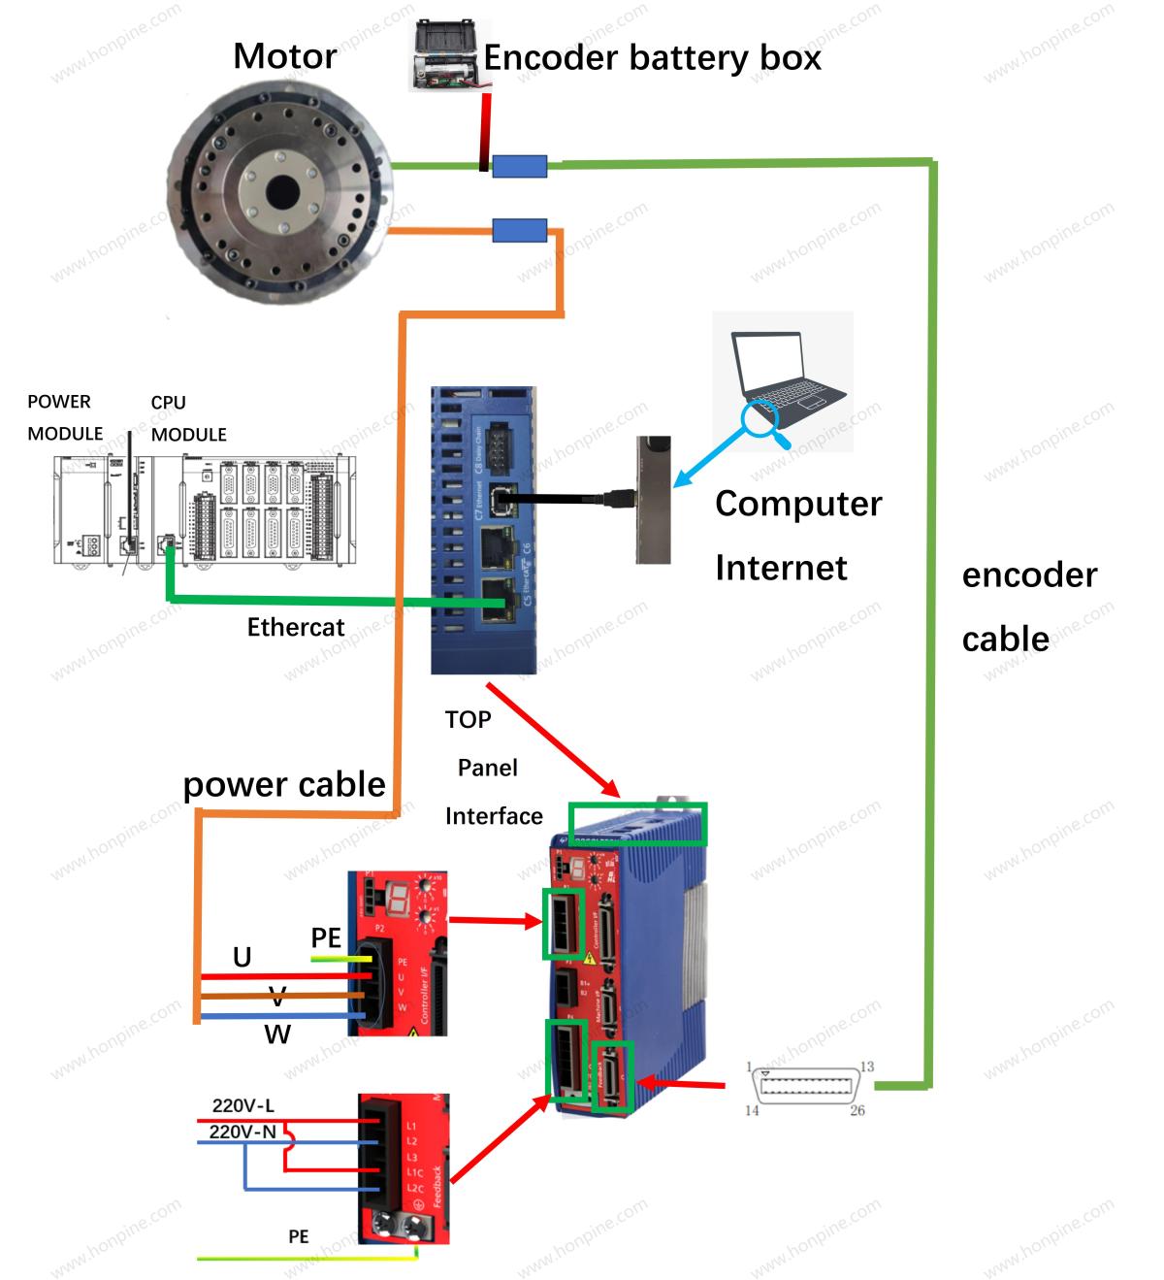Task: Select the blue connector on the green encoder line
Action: [519, 167]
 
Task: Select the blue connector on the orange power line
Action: [519, 231]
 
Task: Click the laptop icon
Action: [786, 374]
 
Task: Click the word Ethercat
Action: [295, 627]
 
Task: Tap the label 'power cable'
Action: [284, 784]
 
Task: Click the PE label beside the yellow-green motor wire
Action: [326, 937]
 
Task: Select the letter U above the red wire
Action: [242, 958]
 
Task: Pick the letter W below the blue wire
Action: [277, 1034]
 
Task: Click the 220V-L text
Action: [242, 1106]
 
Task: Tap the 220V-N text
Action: [242, 1132]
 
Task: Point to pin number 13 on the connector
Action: [866, 1067]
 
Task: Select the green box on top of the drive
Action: [637, 824]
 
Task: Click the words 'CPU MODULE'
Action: [188, 418]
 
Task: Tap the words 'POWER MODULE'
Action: [64, 417]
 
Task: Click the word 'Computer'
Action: [797, 504]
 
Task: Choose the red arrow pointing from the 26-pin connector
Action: [684, 1082]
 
